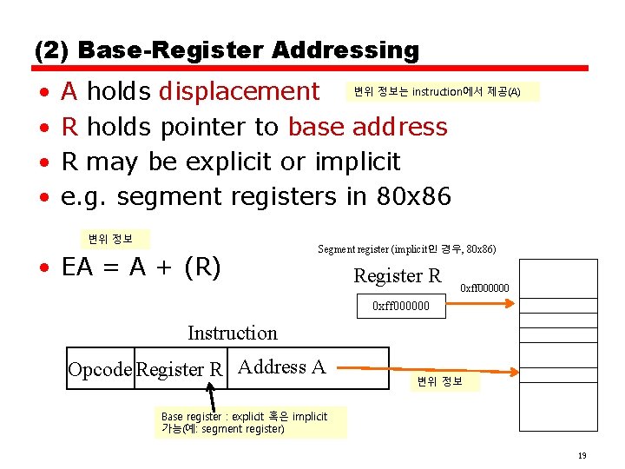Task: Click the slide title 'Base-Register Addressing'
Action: coord(248,50)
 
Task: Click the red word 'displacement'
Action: coord(240,91)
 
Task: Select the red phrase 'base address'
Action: coord(368,127)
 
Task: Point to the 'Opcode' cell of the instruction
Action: coord(101,369)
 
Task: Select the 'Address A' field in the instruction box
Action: coord(281,367)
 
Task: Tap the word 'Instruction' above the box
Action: coord(233,333)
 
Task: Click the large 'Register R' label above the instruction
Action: coord(398,276)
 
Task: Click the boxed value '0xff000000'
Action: coord(400,305)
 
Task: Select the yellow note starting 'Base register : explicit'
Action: coord(250,423)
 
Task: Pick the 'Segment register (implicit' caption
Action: coord(407,249)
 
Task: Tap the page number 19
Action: coord(582,455)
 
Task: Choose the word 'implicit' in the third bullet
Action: coord(358,162)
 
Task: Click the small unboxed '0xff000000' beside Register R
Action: coord(484,288)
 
